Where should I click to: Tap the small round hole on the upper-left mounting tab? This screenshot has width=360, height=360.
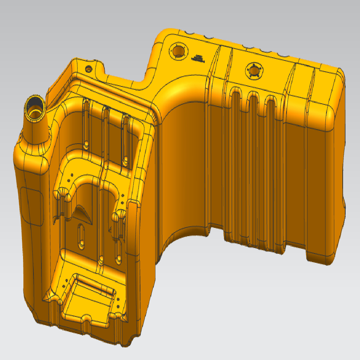point(88,68)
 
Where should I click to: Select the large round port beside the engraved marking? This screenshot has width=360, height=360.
point(177,51)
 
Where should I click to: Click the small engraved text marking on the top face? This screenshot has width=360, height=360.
point(198,58)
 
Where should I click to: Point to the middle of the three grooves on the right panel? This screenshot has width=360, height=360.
point(253,144)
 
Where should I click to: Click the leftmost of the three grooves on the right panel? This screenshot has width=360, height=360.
point(236,144)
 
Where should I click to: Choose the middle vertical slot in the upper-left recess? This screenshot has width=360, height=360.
point(105,133)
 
